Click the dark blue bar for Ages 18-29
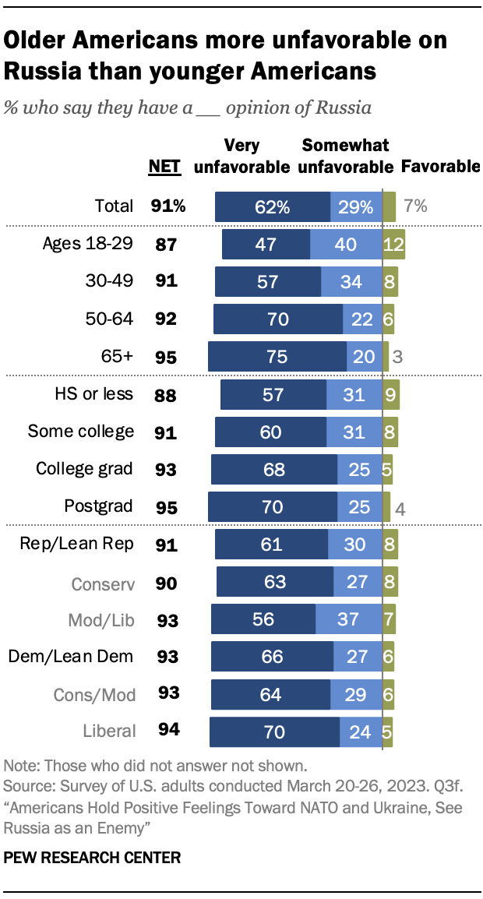(x=266, y=244)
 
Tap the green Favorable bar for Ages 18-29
(x=393, y=244)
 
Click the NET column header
(x=164, y=165)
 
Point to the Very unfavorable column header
(x=241, y=156)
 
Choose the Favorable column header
(x=440, y=166)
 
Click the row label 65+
(x=116, y=356)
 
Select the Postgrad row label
(x=99, y=506)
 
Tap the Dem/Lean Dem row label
(x=71, y=657)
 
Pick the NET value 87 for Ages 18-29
(x=164, y=244)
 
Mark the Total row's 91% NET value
(x=168, y=206)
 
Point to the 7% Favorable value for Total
(x=415, y=206)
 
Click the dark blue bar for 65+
(x=277, y=356)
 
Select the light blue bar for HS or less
(x=354, y=394)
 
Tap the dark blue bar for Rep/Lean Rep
(x=272, y=544)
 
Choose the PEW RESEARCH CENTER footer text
(x=92, y=858)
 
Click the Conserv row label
(x=102, y=582)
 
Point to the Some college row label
(x=81, y=431)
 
